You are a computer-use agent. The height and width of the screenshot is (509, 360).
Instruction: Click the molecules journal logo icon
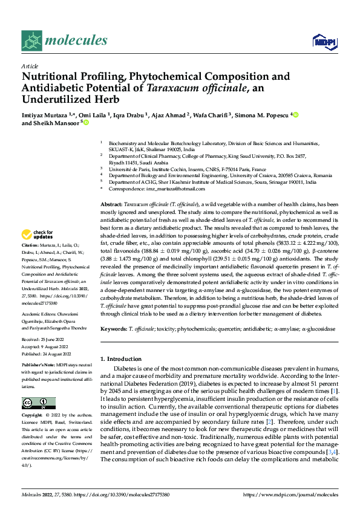click(31, 41)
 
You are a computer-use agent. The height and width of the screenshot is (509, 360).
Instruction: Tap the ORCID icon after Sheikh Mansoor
click(86, 123)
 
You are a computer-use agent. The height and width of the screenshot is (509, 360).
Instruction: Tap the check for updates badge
click(38, 235)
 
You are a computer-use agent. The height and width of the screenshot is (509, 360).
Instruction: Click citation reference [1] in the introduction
click(334, 392)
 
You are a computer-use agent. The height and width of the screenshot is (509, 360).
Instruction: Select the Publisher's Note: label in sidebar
click(39, 366)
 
